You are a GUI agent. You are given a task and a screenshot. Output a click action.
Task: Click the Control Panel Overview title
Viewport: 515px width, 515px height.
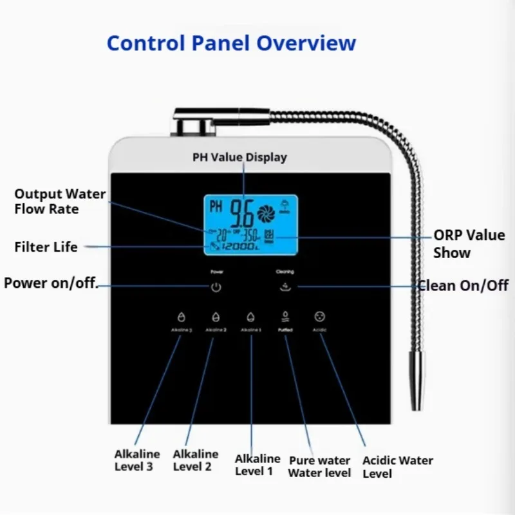click(231, 43)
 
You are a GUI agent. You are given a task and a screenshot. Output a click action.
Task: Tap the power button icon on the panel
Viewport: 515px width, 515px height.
click(216, 287)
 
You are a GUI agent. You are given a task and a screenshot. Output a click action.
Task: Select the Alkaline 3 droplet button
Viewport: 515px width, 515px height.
click(181, 317)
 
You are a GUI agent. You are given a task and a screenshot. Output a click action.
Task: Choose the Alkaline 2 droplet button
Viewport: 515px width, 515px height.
click(216, 317)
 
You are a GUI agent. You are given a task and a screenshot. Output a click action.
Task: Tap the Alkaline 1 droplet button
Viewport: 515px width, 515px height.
click(251, 317)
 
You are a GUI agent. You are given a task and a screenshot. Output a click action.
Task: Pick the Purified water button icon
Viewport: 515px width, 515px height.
click(285, 316)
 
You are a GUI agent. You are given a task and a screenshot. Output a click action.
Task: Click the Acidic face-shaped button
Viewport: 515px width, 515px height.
click(320, 316)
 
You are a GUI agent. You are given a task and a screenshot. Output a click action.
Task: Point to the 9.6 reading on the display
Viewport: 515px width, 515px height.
click(241, 211)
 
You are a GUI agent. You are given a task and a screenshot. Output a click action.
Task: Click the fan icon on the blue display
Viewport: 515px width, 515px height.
click(265, 212)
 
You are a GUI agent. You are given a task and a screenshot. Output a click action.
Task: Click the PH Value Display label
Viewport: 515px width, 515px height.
click(239, 157)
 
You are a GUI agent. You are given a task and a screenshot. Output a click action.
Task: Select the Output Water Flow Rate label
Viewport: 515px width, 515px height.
click(60, 201)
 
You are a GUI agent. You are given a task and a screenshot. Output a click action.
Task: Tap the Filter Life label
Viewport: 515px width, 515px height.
click(46, 247)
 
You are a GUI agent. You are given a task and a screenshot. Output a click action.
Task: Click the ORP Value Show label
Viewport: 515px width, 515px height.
click(469, 244)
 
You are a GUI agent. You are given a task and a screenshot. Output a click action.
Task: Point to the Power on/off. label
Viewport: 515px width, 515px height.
click(51, 283)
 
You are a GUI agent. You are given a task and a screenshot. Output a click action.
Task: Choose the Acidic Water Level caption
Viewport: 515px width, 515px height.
click(397, 467)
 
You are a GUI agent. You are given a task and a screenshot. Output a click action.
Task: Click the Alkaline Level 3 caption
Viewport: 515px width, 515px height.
click(137, 460)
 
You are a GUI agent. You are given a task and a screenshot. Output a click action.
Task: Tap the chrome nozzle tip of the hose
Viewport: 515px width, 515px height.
click(417, 386)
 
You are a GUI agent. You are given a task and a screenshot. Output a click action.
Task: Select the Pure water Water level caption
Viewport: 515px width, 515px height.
click(319, 467)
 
